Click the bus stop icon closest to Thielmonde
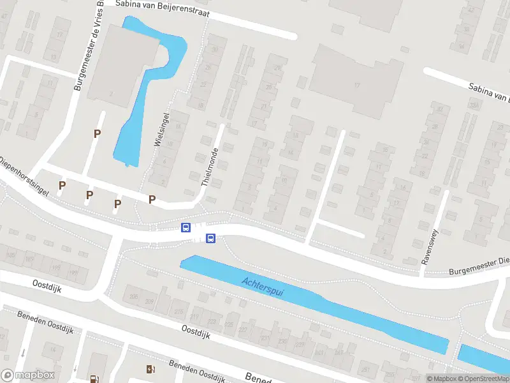point(186,227)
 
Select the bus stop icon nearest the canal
point(210,239)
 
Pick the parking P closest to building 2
point(97,133)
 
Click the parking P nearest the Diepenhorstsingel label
point(62,185)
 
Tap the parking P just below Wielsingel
point(152,199)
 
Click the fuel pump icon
point(95,378)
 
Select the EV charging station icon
point(150,368)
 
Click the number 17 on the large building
point(357,86)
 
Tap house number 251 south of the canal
point(365,369)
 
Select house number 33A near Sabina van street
point(474,104)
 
